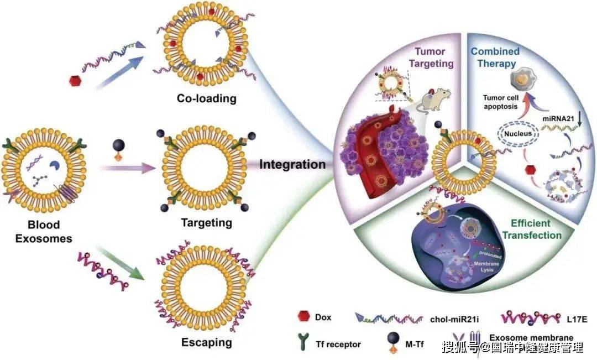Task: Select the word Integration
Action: click(292, 164)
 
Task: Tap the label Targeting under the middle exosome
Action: click(206, 223)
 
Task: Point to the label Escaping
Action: click(207, 343)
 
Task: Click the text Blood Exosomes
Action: click(45, 232)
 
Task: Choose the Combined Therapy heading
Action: click(495, 58)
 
